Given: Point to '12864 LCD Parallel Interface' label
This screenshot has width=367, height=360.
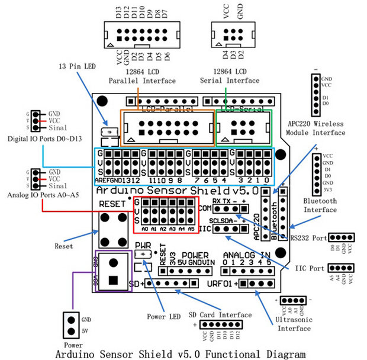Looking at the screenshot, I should (x=142, y=76).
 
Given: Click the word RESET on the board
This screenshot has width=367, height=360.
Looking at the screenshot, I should (x=112, y=204).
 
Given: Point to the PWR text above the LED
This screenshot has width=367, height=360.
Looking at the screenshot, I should (x=143, y=245).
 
